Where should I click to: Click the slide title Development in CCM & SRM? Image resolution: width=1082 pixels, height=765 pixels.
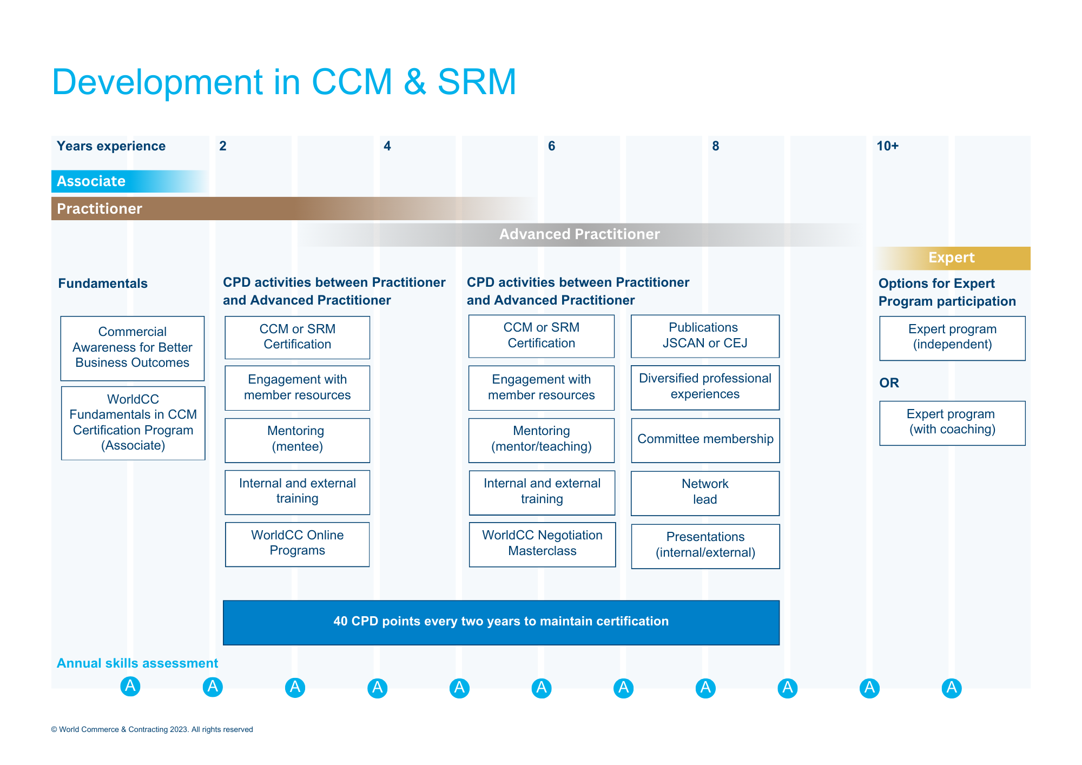click(284, 82)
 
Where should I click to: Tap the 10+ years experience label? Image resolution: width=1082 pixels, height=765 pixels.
click(888, 146)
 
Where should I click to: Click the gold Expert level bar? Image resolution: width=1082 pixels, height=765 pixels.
click(953, 258)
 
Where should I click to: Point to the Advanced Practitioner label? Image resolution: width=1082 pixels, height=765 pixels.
click(579, 234)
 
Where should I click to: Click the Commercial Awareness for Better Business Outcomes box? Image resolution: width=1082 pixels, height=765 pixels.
click(133, 348)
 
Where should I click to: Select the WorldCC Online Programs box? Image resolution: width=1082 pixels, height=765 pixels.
click(298, 544)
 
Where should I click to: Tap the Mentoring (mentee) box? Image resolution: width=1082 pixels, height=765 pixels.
click(298, 440)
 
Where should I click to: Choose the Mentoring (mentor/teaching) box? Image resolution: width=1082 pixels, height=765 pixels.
click(542, 440)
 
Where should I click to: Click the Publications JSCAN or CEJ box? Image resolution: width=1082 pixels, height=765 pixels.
click(705, 336)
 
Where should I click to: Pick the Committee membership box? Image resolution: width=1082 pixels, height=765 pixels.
click(705, 440)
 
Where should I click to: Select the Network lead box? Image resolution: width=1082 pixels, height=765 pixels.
click(705, 493)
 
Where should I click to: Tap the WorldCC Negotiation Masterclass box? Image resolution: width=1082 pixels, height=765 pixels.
click(542, 544)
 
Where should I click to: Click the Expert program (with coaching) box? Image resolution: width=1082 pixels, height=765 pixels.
click(952, 423)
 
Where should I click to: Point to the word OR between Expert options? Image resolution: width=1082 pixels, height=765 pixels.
click(889, 383)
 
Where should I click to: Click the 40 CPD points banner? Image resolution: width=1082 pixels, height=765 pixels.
click(501, 622)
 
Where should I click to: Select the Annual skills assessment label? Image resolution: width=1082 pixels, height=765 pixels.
click(137, 663)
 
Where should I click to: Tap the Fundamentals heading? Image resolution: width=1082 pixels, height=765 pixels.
click(103, 283)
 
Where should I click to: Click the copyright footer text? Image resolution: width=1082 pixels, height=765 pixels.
click(152, 729)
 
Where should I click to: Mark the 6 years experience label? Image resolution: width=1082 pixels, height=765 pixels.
click(551, 146)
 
